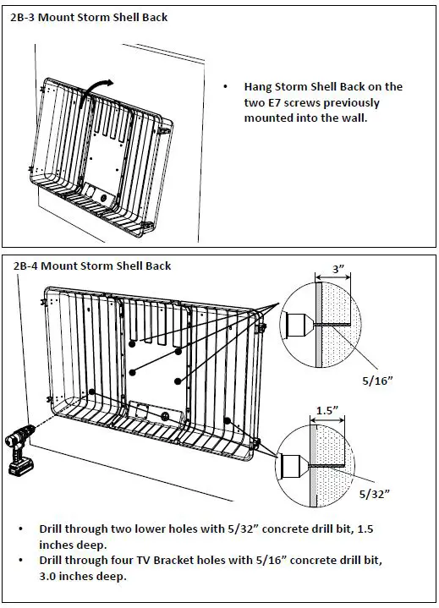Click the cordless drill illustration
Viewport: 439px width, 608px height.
coord(19,449)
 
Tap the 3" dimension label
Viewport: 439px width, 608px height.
coord(338,268)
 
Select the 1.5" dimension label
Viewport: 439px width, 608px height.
coord(327,410)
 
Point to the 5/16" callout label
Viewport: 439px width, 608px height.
coord(377,381)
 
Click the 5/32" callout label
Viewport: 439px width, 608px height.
coord(374,494)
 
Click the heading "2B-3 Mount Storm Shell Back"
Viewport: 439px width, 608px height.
coord(89,18)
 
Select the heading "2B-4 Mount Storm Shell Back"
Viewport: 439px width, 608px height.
coord(92,266)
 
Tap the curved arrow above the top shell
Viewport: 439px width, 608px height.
coord(95,91)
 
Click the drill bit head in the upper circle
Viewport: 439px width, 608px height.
coord(299,324)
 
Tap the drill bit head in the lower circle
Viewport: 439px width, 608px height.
coord(294,465)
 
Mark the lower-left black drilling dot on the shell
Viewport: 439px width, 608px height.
coord(91,392)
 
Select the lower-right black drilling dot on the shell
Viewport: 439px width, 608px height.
coord(228,420)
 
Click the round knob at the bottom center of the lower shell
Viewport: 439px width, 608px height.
coord(166,417)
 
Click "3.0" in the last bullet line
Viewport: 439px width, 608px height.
coord(47,576)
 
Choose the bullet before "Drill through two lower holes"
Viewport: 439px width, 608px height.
coord(20,529)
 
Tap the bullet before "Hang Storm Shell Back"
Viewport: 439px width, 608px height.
coord(225,87)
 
